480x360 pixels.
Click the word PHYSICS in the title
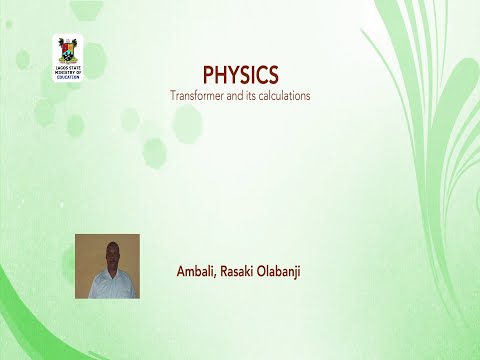click(x=240, y=75)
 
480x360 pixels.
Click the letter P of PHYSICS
click(x=208, y=75)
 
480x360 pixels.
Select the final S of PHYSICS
click(x=272, y=75)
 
